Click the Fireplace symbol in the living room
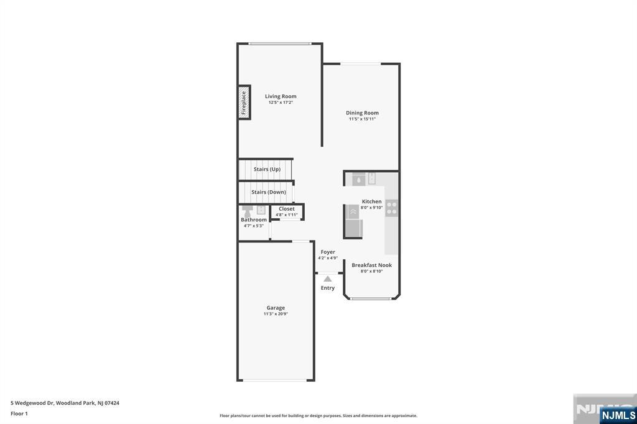244,103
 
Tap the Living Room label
281,96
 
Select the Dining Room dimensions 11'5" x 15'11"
362,119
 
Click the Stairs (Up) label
267,169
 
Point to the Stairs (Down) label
269,192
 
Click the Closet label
287,209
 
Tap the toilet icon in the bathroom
247,211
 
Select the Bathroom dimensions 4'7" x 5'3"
254,226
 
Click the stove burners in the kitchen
392,208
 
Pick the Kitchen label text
372,201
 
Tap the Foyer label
328,252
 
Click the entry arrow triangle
327,279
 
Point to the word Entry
328,288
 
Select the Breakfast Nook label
372,265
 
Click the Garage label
276,308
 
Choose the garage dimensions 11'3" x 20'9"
276,314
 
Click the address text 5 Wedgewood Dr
32,403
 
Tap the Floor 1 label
19,414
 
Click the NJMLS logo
618,415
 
